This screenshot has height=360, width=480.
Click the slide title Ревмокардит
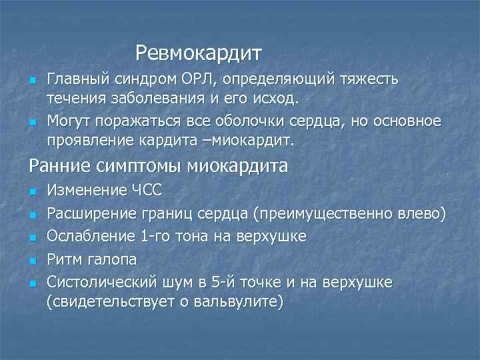point(199,51)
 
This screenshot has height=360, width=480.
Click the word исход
point(281,99)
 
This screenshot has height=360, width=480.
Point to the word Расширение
point(89,214)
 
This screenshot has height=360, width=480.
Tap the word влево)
point(419,214)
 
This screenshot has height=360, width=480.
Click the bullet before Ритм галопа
point(31,260)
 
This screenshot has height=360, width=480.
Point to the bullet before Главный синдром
point(31,81)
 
